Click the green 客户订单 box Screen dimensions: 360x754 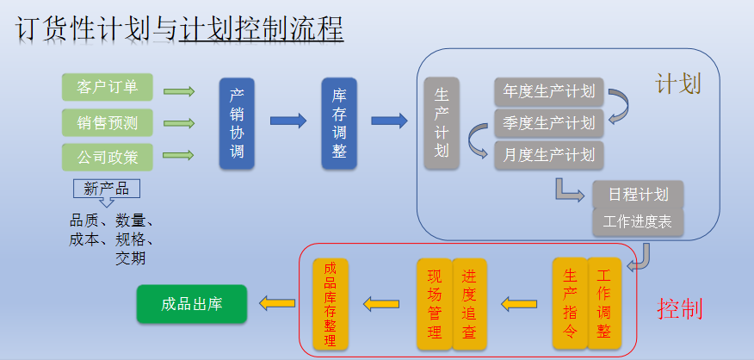(107, 87)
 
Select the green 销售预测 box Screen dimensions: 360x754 (107, 122)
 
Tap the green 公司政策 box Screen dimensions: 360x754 (107, 158)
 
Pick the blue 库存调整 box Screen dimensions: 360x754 (339, 123)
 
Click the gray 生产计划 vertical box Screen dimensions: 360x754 (442, 123)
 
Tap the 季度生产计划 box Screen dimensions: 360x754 (549, 123)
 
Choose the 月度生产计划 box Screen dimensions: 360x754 (549, 155)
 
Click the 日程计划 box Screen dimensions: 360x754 (638, 194)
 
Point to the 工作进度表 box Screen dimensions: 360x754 (638, 221)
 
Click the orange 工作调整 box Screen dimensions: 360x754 (603, 303)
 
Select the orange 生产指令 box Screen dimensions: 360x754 (570, 303)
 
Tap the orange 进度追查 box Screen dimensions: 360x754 (468, 303)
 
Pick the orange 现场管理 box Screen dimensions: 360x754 (434, 303)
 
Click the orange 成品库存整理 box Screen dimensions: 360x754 (331, 303)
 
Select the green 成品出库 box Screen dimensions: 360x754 (191, 304)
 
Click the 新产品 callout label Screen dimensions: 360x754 (107, 189)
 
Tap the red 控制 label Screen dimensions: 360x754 (679, 307)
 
